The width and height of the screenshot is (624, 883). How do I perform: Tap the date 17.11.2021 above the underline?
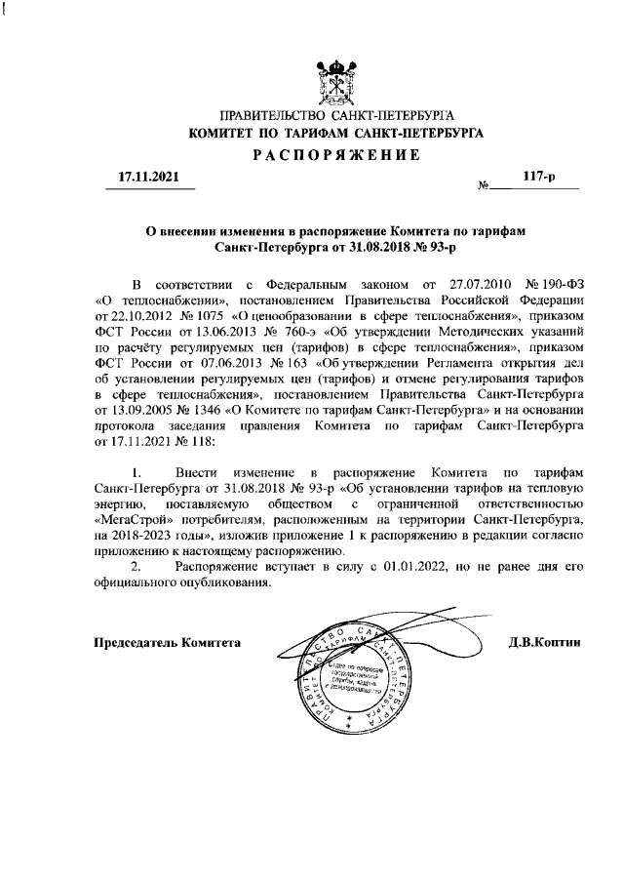tap(148, 178)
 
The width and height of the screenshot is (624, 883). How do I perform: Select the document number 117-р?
tap(538, 178)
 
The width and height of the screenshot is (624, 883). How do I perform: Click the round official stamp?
tap(354, 683)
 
